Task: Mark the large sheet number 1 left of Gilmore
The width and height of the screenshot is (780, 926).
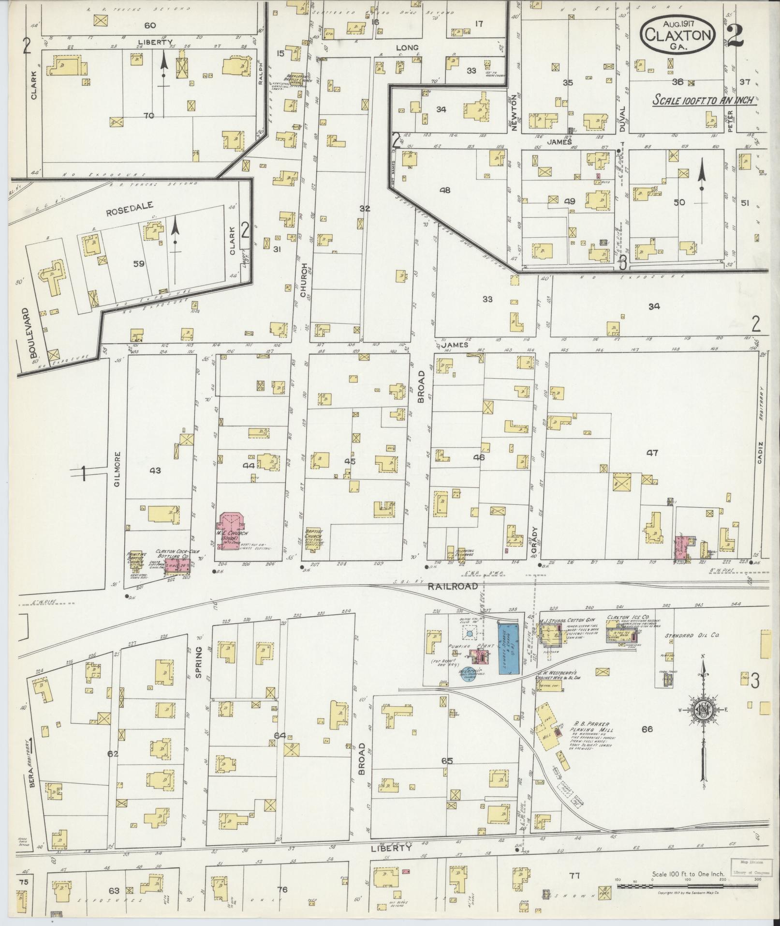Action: pos(83,473)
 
